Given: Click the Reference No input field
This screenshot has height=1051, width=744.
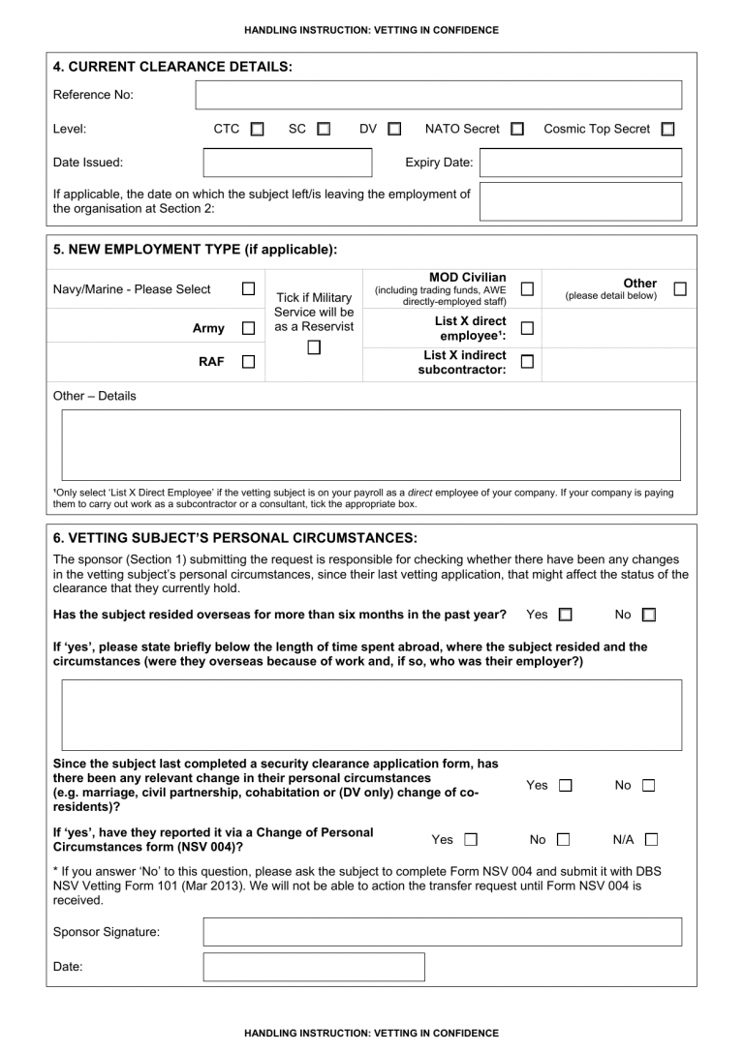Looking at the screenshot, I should click(x=438, y=95).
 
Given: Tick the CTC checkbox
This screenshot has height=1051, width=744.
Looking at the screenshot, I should click(x=257, y=129).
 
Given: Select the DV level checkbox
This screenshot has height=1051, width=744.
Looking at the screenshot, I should click(x=394, y=129).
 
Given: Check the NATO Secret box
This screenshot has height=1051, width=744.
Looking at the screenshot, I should click(x=517, y=129).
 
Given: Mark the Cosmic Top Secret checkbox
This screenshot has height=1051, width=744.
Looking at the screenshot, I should click(x=667, y=129).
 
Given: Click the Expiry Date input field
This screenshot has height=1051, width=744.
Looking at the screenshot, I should click(x=580, y=163).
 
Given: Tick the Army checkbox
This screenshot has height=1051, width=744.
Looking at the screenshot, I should click(x=248, y=329).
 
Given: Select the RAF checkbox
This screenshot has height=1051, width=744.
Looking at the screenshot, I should click(x=248, y=362).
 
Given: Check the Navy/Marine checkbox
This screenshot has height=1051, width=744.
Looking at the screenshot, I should click(x=248, y=288).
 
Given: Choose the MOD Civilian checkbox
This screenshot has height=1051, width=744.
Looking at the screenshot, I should click(x=527, y=288).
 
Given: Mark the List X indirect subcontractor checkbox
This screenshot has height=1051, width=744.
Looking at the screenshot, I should click(x=527, y=362).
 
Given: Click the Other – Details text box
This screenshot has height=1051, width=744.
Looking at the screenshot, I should click(x=371, y=444).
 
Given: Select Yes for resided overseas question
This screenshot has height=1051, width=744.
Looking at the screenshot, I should click(x=566, y=615).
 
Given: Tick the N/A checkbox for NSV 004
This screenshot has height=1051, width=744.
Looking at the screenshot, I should click(x=651, y=839).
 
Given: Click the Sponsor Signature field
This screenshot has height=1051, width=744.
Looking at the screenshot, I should click(x=442, y=932).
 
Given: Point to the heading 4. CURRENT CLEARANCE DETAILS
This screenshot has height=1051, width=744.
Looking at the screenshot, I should click(x=172, y=67).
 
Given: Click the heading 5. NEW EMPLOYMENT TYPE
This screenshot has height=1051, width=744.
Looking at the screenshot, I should click(x=195, y=249).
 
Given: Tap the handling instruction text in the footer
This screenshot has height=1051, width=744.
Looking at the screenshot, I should click(x=372, y=1033).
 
